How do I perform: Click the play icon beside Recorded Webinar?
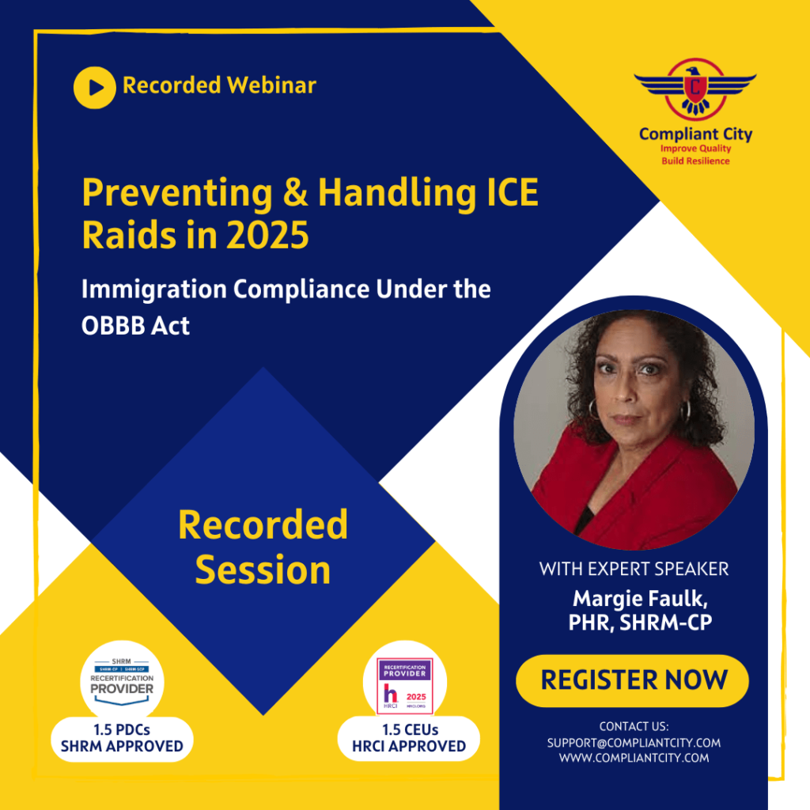95,87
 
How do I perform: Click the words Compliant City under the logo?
695,134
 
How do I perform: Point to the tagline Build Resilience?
695,161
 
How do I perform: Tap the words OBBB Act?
135,325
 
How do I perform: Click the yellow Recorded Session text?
263,547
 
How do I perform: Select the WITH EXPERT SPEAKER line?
634,568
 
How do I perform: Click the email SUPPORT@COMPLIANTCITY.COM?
634,743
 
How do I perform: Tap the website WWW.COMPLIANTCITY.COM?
634,758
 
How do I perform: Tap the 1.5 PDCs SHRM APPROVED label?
122,738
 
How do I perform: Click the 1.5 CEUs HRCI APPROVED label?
409,738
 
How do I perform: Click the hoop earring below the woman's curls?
591,408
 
